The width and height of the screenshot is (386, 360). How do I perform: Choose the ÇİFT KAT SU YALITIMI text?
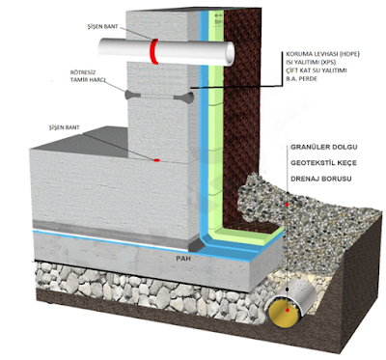(323, 73)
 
